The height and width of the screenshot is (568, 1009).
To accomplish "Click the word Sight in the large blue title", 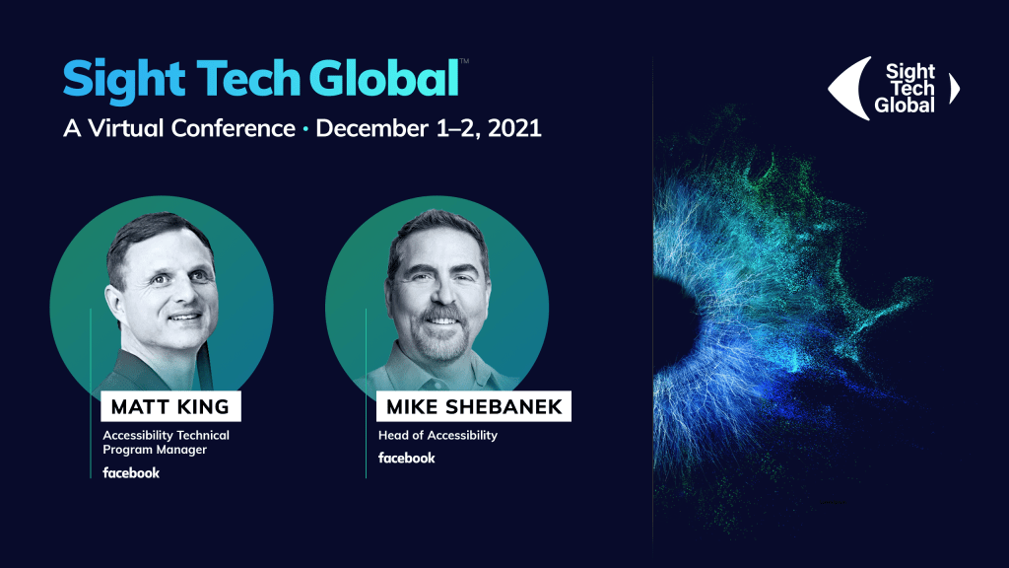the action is coord(124,80).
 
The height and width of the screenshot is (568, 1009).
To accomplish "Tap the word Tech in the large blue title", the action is coord(248,78).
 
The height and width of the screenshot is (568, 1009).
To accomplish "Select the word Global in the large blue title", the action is coord(384,78).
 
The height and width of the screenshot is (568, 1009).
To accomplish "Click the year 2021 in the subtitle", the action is coord(514,128).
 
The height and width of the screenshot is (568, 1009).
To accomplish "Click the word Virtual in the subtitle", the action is coord(125,128).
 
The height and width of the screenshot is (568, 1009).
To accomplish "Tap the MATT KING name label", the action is coord(170,406).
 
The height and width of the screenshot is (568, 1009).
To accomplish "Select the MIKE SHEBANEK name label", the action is coord(474,406).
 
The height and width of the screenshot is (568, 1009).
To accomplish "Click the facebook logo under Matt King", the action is coord(131,472).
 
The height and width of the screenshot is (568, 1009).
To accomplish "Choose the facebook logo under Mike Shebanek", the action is coord(407,458).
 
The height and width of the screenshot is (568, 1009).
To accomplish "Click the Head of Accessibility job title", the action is coord(437,435).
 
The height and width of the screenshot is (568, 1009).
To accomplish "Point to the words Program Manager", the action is coord(155,450).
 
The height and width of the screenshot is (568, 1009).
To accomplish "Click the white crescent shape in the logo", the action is coord(848,88).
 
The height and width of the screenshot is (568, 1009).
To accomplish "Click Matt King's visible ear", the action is coord(115,302).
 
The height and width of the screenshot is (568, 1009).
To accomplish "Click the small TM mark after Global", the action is coord(465,61).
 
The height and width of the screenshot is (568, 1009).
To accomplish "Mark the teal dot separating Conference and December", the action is coord(305,129).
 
